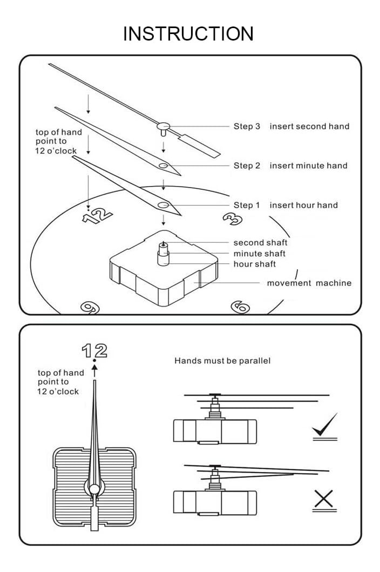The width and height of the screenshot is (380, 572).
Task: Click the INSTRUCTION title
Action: point(188,34)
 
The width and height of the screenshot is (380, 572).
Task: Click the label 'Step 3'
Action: point(247,127)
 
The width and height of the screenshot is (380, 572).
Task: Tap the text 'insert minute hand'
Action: point(309,165)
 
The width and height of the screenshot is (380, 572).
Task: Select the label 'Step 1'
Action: point(247,205)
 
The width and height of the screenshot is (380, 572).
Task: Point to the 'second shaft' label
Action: point(260,243)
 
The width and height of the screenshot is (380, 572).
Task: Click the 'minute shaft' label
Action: point(260,254)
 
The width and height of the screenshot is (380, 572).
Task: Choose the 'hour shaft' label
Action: point(255,264)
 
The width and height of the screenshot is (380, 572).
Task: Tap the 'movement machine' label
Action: point(309,283)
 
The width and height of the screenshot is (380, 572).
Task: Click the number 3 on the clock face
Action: point(232,218)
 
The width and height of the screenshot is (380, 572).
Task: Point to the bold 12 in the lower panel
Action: point(94,351)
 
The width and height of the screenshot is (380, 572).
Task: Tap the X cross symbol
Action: point(324,500)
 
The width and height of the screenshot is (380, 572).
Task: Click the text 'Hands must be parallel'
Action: point(222,361)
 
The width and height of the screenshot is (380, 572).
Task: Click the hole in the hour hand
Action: point(163,205)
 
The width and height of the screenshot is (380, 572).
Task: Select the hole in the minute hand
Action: point(163,165)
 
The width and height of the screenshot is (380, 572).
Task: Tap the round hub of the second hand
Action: point(163,127)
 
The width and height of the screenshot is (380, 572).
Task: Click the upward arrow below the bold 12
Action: point(94,371)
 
